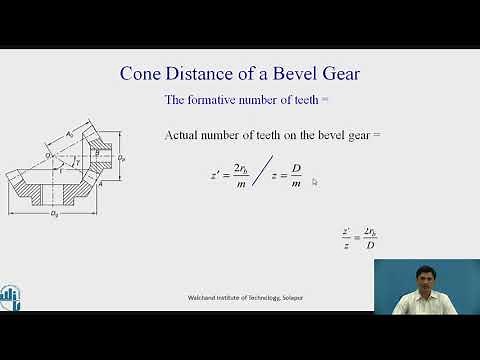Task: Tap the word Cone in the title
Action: tap(143, 73)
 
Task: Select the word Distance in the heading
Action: tap(205, 73)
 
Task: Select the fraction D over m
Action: tap(295, 176)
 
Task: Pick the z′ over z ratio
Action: tap(345, 239)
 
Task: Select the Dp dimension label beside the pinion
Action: tap(122, 158)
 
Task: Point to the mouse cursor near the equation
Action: tap(314, 182)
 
